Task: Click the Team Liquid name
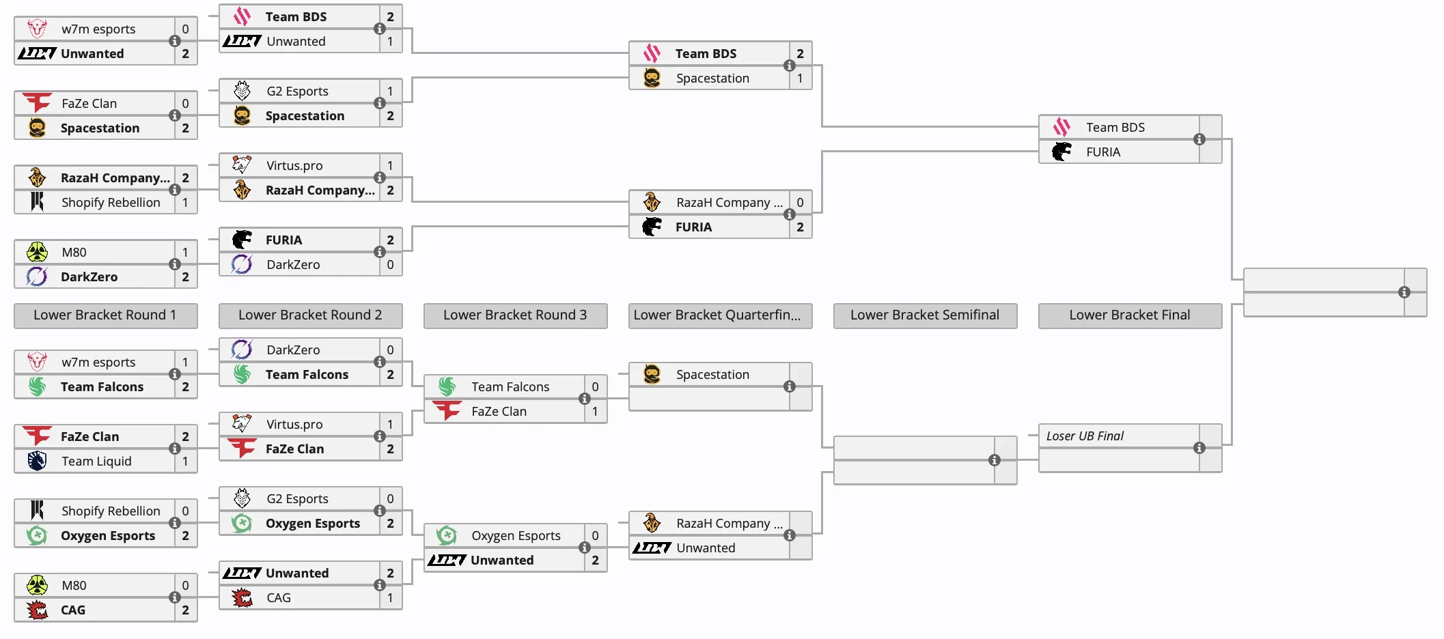point(96,461)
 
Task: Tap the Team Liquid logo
point(37,461)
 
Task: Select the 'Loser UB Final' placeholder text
point(1085,436)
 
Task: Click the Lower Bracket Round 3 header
point(515,315)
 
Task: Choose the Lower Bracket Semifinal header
point(925,315)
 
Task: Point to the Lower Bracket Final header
point(1130,315)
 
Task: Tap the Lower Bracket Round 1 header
point(105,315)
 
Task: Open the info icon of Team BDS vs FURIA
point(1199,139)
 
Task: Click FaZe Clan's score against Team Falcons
point(595,412)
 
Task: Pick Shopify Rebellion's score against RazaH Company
point(185,203)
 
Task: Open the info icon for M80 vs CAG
point(175,597)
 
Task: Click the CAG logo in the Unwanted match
point(242,598)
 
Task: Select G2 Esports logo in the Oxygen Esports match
point(242,499)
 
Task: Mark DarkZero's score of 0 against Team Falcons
point(390,350)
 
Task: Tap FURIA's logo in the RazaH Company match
point(652,227)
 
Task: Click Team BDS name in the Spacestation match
point(706,54)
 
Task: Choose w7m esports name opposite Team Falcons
point(98,363)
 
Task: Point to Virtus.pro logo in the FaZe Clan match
point(242,425)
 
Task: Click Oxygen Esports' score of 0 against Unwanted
point(595,536)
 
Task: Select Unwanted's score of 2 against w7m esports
point(185,54)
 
